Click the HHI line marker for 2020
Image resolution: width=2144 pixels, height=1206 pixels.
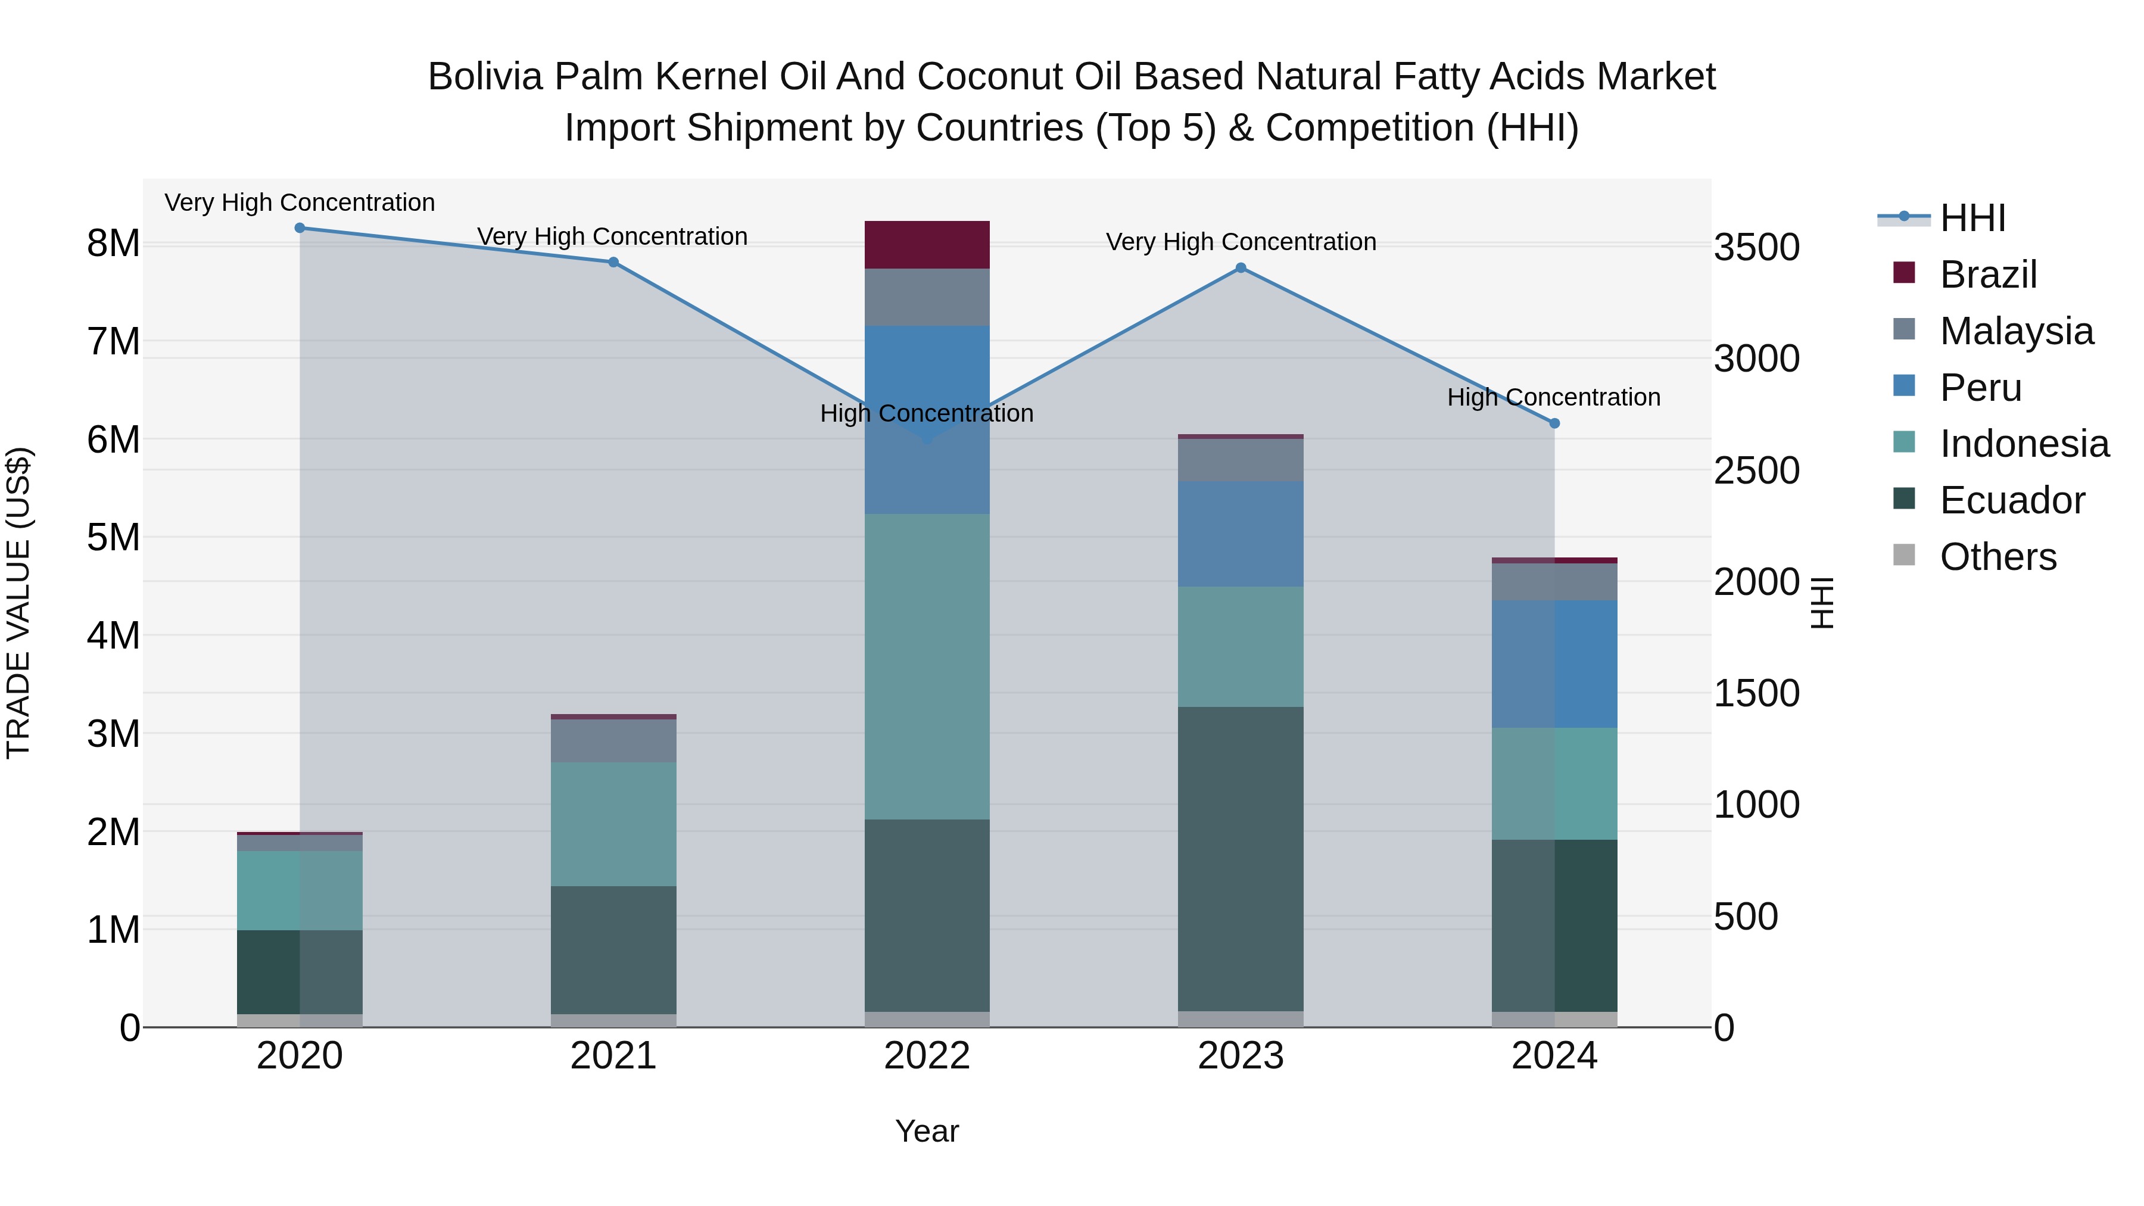tap(300, 228)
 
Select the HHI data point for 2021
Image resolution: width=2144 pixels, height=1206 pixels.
tap(613, 262)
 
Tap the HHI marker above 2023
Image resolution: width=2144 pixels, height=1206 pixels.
tap(1241, 268)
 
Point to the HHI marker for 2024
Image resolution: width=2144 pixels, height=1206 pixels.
tap(1554, 423)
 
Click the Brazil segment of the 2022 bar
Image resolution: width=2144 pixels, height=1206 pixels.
tap(927, 245)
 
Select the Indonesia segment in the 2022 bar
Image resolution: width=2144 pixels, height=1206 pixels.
tap(927, 666)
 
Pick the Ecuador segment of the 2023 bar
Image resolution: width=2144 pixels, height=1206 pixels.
tap(1241, 857)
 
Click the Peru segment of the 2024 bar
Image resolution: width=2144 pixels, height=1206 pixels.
tap(1554, 664)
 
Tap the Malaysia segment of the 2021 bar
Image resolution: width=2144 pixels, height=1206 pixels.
tap(613, 741)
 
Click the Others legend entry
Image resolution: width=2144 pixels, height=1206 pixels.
tap(1997, 557)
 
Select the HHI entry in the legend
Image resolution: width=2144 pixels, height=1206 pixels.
tap(1972, 218)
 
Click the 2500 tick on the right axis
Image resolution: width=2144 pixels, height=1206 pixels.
tap(1756, 471)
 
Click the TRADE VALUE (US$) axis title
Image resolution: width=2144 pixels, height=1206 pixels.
tap(18, 603)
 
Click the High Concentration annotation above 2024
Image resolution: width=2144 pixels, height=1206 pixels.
tap(1554, 398)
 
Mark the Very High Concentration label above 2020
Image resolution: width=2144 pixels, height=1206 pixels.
tap(300, 203)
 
